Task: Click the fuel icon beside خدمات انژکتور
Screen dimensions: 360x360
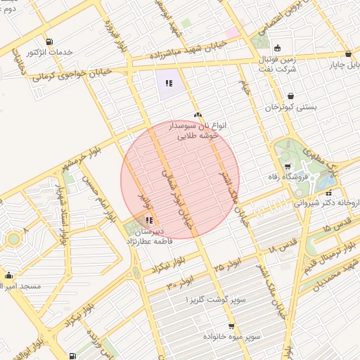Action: pos(48,41)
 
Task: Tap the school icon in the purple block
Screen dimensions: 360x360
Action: pos(169,83)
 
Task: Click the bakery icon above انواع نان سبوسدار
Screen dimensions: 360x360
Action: pos(197,115)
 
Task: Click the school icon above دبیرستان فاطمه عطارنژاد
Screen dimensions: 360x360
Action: pos(148,221)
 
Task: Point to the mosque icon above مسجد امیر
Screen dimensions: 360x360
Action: pos(8,275)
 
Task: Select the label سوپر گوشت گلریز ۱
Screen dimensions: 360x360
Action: pos(216,300)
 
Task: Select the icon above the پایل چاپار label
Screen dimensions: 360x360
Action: pos(349,54)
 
